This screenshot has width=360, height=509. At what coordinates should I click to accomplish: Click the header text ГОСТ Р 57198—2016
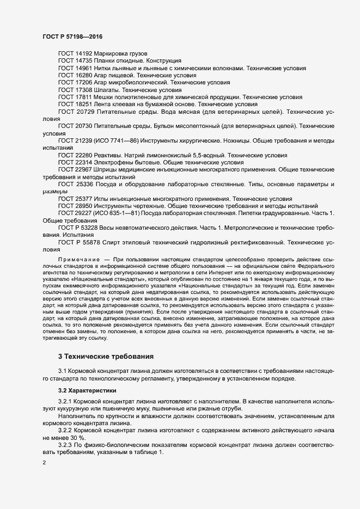click(72, 36)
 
